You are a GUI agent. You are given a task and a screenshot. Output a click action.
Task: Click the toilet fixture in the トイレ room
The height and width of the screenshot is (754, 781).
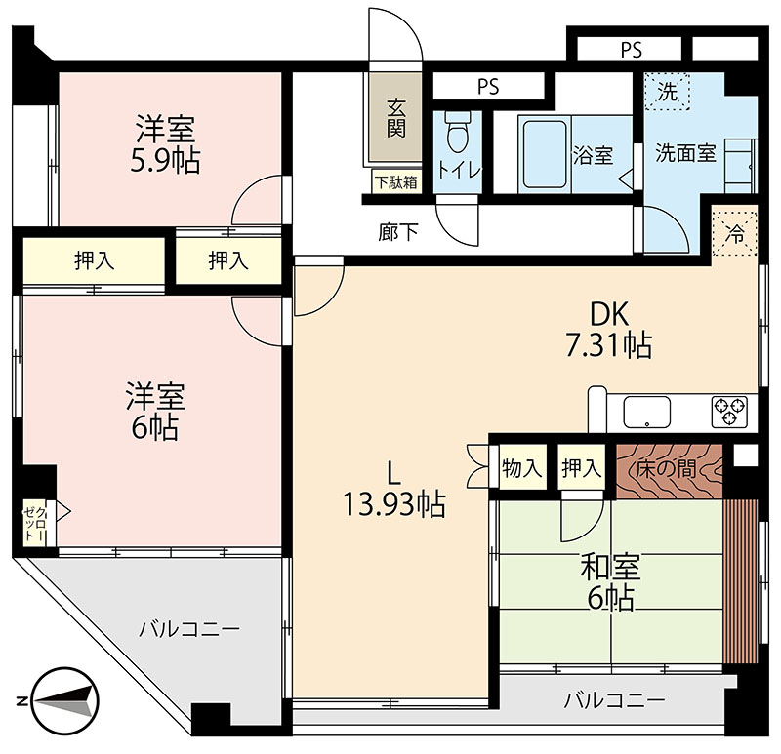[x=458, y=132]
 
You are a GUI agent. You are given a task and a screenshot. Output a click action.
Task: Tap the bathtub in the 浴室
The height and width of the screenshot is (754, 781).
[x=545, y=154]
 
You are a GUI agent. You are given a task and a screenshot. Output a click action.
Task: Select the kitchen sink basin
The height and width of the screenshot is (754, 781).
[x=646, y=412]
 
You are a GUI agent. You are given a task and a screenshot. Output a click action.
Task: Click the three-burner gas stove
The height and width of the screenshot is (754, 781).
[x=729, y=411]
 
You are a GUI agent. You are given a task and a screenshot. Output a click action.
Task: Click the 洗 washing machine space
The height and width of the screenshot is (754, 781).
[x=667, y=92]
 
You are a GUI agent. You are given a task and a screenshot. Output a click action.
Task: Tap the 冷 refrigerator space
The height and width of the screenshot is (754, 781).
[x=735, y=233]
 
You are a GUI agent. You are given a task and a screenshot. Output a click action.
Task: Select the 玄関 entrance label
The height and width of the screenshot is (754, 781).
[x=396, y=118]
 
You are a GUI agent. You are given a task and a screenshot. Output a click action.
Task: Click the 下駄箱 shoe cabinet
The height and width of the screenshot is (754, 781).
[x=396, y=182]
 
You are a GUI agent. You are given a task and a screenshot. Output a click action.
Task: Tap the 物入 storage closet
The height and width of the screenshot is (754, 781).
[x=522, y=468]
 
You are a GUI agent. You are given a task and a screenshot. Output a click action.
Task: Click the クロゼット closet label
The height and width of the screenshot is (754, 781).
[x=36, y=525]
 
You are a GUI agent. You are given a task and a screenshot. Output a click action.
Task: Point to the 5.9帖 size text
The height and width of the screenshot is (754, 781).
[x=165, y=160]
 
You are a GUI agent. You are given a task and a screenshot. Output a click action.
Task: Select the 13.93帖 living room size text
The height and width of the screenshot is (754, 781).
[x=394, y=504]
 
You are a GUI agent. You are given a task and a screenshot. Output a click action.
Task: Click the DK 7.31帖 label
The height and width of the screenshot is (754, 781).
[x=608, y=329]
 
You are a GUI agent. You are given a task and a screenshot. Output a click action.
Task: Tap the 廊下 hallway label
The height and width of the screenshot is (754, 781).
[x=398, y=232]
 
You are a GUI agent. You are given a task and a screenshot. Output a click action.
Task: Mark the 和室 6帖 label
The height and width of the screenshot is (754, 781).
[x=611, y=581]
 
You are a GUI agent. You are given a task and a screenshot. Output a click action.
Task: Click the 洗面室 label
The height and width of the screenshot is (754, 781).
[x=686, y=153]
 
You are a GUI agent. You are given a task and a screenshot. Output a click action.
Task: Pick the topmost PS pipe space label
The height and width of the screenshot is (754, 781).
[x=631, y=50]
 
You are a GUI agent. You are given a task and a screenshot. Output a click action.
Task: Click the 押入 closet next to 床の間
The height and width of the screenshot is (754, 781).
[x=582, y=468]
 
